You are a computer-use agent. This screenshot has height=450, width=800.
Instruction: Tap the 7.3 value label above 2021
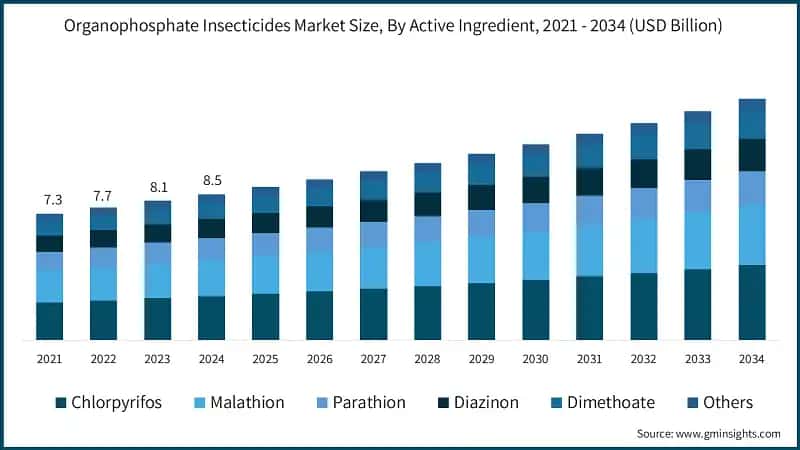50,201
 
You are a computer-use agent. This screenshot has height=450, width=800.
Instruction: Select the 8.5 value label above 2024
212,181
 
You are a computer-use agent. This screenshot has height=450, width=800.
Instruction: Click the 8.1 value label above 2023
158,187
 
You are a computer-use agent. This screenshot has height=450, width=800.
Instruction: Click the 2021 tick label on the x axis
50,358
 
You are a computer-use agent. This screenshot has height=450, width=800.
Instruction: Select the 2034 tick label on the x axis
751,358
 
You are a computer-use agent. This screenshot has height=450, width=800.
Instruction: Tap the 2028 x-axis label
427,358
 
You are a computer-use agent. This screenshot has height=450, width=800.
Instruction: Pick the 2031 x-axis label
589,358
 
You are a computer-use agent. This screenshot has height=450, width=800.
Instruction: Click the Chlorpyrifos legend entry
109,403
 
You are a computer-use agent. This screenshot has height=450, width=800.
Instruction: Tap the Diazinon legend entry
473,403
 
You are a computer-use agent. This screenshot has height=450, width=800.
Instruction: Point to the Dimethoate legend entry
598,403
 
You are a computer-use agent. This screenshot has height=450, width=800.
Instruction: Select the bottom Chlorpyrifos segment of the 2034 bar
751,302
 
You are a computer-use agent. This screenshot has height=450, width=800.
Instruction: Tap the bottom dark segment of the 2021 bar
50,321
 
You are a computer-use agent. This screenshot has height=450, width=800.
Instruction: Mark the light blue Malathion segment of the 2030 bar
535,256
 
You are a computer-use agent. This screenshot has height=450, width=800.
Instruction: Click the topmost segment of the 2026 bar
319,192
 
